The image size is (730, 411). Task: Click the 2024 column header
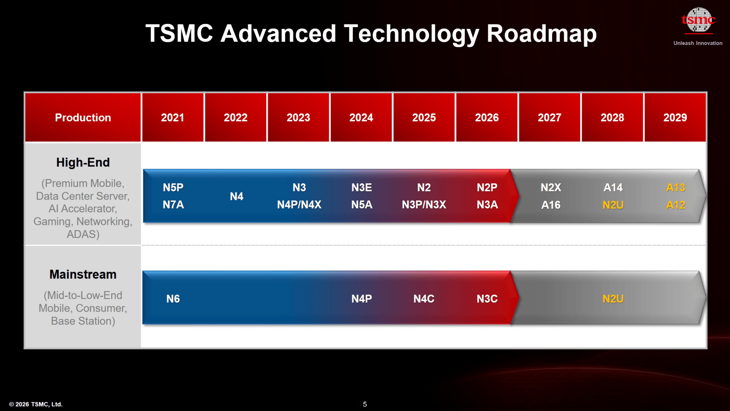tap(361, 118)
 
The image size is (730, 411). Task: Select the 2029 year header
tap(675, 118)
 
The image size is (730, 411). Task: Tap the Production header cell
tap(83, 118)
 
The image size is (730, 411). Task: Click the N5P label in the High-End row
tap(173, 188)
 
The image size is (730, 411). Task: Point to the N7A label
tap(173, 205)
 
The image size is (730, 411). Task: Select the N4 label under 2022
tap(236, 196)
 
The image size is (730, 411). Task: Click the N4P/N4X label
tap(299, 205)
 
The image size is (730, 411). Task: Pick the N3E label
tap(362, 188)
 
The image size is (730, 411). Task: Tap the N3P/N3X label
tap(424, 205)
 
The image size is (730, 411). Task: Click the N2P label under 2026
tap(487, 188)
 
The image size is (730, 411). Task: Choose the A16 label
tap(551, 205)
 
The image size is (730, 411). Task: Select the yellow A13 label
tap(676, 188)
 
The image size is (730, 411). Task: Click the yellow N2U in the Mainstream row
tap(613, 299)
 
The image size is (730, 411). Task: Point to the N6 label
tap(173, 299)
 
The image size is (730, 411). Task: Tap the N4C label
tap(424, 299)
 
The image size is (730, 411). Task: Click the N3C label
tap(487, 299)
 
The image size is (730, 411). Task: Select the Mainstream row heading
tap(83, 274)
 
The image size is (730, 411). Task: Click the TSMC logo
tap(698, 20)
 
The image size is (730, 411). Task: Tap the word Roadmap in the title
tap(541, 33)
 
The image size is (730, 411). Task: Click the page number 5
tap(365, 404)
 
